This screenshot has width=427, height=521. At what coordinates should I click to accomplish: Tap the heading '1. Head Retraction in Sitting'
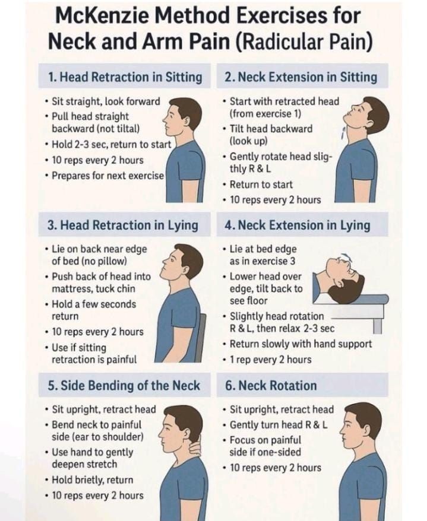[125, 77]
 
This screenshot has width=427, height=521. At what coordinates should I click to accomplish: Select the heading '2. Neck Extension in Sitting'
[301, 77]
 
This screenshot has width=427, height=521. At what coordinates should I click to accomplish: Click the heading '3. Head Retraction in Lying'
[123, 225]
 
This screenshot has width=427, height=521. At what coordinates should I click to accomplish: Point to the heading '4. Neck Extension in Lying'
[298, 225]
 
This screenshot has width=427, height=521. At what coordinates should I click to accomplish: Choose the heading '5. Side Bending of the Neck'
[124, 386]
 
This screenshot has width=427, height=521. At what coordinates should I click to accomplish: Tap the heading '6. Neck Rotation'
[271, 386]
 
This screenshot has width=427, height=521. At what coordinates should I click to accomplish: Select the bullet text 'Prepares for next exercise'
[108, 176]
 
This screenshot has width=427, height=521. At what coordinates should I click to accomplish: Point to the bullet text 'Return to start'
[261, 184]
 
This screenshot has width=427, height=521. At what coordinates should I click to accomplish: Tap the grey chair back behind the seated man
[200, 337]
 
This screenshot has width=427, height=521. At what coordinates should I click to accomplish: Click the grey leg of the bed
[377, 326]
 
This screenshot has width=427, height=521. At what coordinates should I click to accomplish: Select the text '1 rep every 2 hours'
[271, 359]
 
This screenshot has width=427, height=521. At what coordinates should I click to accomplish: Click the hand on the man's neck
[195, 445]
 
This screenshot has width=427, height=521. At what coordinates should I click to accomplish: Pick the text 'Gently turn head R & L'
[279, 425]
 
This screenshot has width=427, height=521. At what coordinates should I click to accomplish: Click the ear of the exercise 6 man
[367, 428]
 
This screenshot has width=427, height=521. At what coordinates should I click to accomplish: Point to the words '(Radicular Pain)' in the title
[304, 42]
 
